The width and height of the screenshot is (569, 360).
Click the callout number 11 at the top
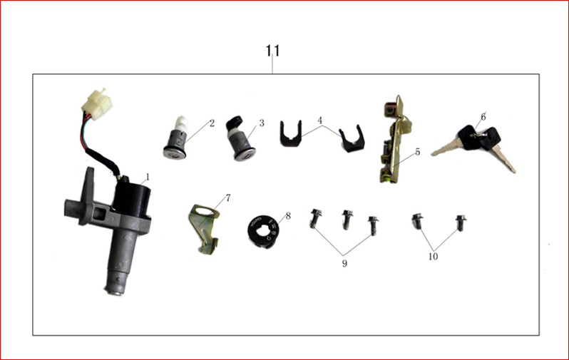click(272, 51)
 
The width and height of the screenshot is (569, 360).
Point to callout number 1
click(148, 177)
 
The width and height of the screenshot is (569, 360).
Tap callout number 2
click(212, 123)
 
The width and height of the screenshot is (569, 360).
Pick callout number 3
click(262, 123)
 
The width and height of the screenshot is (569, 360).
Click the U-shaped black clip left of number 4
click(291, 134)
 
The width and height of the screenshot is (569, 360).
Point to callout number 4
click(319, 120)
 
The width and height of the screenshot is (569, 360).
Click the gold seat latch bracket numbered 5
click(395, 140)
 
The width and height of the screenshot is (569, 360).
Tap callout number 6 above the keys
click(483, 117)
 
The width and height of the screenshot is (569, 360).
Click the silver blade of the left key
click(445, 149)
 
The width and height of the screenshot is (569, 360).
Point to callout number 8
click(288, 216)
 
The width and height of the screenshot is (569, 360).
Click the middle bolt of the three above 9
click(348, 219)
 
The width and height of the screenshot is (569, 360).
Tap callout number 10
click(433, 257)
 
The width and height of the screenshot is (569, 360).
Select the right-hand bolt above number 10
click(461, 223)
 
